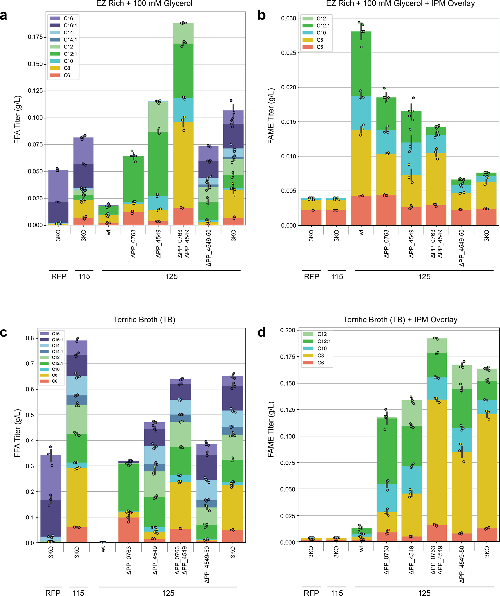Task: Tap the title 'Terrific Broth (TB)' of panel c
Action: tap(144, 320)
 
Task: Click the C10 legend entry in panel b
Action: tap(321, 33)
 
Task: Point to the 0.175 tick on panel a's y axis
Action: tap(35, 37)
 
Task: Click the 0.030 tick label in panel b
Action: tap(288, 18)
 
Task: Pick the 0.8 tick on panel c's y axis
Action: tap(30, 338)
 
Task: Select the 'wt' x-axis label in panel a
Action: tap(109, 232)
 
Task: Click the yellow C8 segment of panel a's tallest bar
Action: tap(183, 165)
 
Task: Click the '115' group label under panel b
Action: tap(337, 277)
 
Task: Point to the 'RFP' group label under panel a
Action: tap(58, 277)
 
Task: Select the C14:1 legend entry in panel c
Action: tap(57, 352)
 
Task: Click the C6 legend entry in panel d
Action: tap(320, 363)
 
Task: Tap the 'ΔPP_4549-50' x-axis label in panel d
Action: tap(462, 564)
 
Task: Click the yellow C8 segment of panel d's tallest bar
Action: tap(436, 463)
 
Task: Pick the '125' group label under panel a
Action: tap(171, 277)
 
